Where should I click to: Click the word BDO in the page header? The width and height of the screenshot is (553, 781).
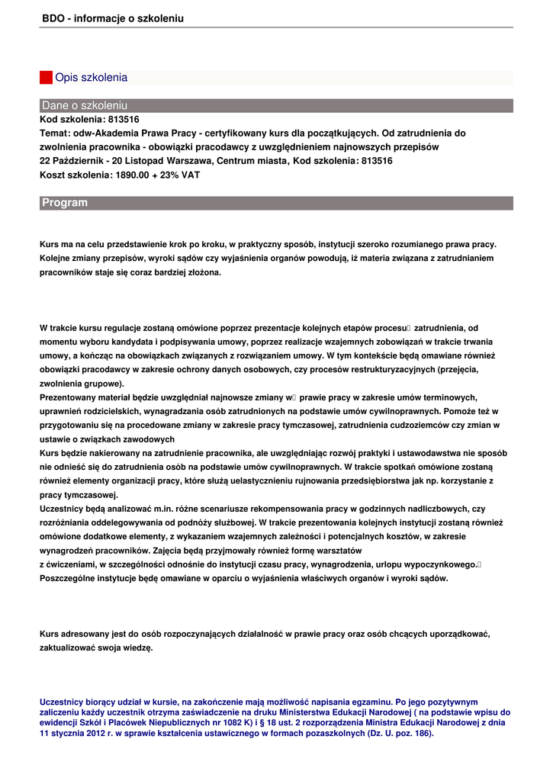pyautogui.click(x=52, y=18)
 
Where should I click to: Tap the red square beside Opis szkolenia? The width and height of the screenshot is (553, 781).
pyautogui.click(x=46, y=78)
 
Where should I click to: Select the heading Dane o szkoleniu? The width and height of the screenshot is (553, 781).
pyautogui.click(x=85, y=105)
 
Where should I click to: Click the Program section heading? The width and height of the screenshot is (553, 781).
pyautogui.click(x=65, y=203)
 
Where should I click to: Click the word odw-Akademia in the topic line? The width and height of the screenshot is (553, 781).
pyautogui.click(x=105, y=133)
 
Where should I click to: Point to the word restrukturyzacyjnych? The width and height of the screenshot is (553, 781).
pyautogui.click(x=389, y=369)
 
